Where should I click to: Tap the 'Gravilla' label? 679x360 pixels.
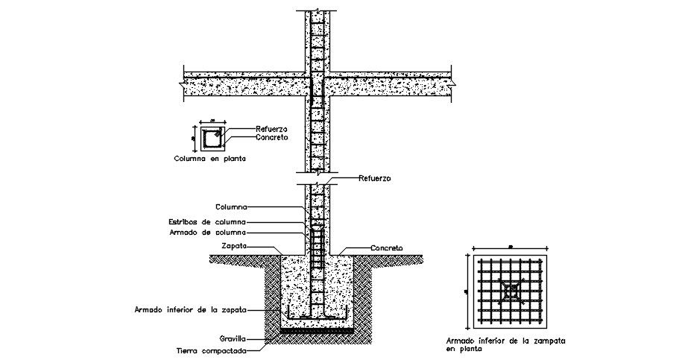tap(233, 337)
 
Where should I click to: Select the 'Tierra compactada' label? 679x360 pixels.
tap(212, 349)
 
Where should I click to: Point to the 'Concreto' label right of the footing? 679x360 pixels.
tap(387, 247)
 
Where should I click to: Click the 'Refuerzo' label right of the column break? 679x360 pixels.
tap(374, 178)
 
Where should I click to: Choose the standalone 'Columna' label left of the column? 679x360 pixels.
tap(231, 206)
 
